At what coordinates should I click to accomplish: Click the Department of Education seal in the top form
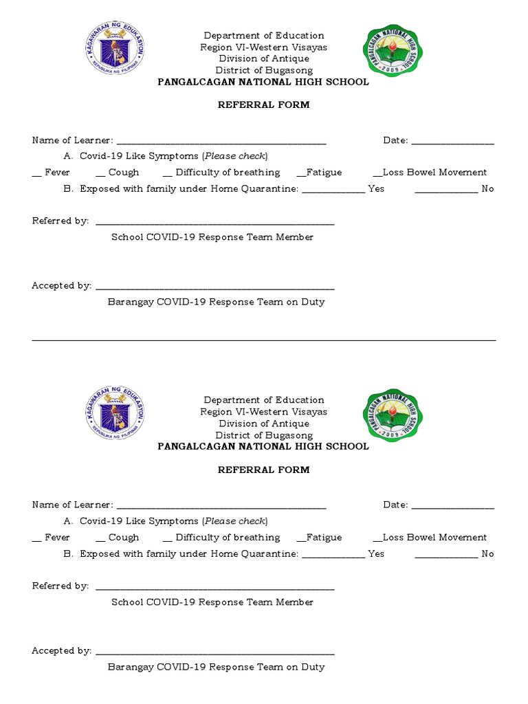[x=115, y=50]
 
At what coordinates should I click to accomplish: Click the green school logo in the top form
[x=393, y=51]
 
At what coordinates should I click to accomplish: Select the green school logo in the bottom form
[x=393, y=415]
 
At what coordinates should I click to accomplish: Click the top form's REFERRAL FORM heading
[x=263, y=105]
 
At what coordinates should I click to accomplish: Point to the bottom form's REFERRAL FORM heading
[x=263, y=470]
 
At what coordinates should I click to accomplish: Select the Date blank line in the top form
[x=452, y=142]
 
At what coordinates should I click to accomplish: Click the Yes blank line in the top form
[x=333, y=190]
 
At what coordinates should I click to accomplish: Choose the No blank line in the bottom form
[x=446, y=555]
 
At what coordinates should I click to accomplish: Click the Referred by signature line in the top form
[x=214, y=223]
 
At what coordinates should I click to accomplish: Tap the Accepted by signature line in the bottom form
[x=214, y=652]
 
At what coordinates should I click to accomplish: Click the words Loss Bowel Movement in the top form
[x=434, y=173]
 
